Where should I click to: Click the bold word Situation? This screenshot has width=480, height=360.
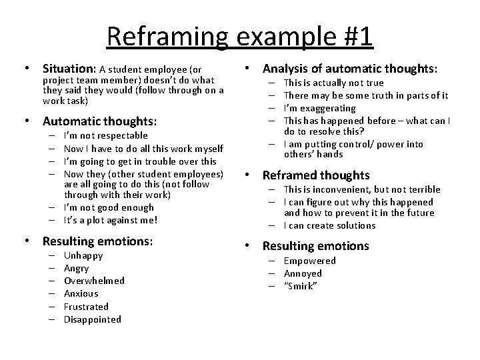point(70,69)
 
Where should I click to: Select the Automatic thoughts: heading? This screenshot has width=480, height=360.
point(99,121)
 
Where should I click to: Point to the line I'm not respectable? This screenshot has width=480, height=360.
point(105,135)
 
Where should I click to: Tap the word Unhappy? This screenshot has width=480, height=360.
point(83,255)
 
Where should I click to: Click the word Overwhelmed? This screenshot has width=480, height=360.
point(94,281)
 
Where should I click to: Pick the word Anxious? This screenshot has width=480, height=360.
point(81,293)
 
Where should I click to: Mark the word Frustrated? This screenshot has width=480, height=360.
point(86,307)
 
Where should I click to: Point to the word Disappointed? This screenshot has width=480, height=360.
point(93,319)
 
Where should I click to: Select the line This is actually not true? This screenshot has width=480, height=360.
point(333,83)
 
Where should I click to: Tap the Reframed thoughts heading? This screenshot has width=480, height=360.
point(316,175)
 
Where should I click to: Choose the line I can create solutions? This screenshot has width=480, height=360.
point(329,225)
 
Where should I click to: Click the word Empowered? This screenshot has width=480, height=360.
point(310,261)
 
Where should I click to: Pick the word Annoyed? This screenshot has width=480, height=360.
point(303,273)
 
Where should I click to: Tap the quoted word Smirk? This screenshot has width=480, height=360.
point(301,286)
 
